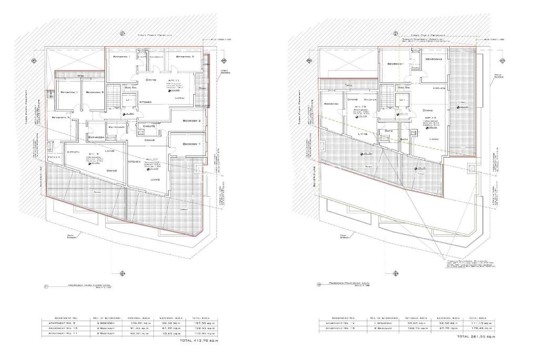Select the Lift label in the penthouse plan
[x=402, y=99]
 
